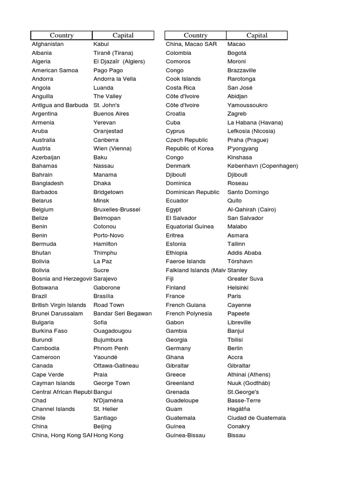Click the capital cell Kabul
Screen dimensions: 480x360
pos(101,44)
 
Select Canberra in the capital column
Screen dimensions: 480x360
pos(106,140)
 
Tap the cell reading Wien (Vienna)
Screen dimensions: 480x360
pos(112,149)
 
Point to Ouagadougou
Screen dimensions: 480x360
pos(112,331)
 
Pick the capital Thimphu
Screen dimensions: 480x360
pos(105,253)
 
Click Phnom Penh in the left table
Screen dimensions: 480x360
pos(111,348)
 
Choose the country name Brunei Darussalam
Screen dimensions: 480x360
pos(57,314)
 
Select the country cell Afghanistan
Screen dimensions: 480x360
pos(47,44)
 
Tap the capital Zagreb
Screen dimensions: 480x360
pos(237,114)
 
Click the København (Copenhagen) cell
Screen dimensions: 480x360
pos(262,166)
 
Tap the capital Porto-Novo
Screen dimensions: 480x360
pos(109,235)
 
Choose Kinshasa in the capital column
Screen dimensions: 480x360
pos(240,157)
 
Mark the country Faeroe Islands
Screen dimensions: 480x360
pos(186,262)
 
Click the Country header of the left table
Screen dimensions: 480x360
pos(61,35)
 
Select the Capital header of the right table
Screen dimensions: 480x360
pos(257,35)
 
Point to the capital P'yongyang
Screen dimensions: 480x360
pos(243,149)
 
